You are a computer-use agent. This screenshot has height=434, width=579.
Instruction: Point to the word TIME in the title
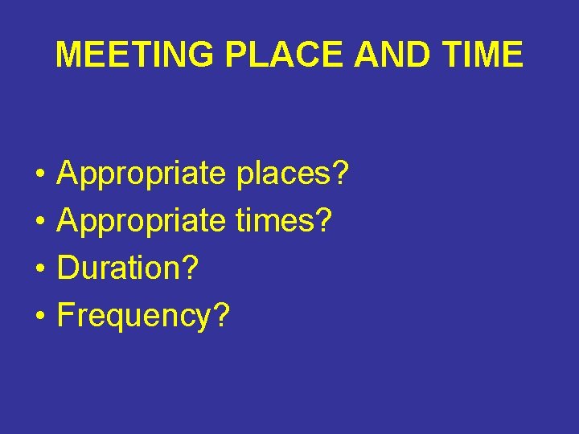pyautogui.click(x=482, y=55)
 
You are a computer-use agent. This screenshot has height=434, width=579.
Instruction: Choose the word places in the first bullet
pyautogui.click(x=282, y=174)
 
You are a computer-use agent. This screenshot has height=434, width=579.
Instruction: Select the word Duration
pyautogui.click(x=118, y=268)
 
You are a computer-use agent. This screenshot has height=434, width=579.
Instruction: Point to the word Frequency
pyautogui.click(x=133, y=317)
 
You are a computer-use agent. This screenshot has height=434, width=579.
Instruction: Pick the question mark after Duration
pyautogui.click(x=190, y=268)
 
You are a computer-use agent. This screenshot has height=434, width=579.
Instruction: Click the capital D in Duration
pyautogui.click(x=68, y=268)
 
